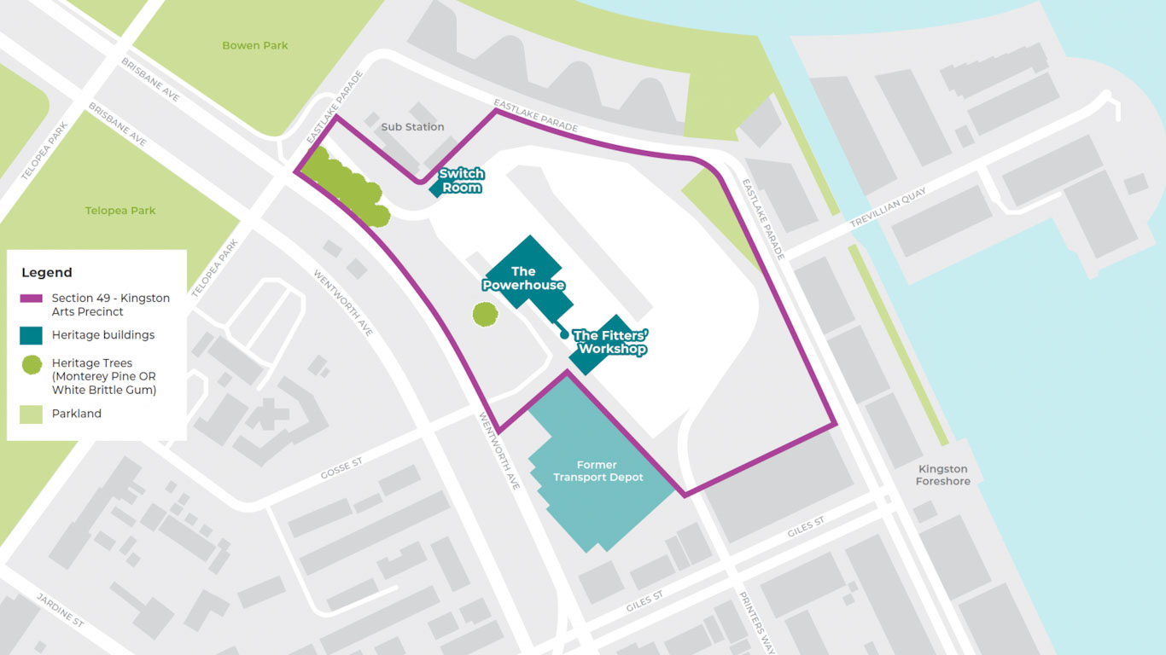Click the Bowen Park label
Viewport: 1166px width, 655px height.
tap(255, 45)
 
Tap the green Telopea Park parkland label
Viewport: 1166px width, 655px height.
tap(120, 211)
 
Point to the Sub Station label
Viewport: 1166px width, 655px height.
tap(412, 127)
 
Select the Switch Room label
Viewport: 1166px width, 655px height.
tap(461, 180)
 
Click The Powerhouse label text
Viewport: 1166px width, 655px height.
tap(523, 278)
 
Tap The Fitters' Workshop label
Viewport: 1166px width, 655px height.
tap(609, 342)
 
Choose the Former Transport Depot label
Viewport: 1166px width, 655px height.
tap(598, 471)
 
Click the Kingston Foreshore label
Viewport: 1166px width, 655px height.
tap(943, 475)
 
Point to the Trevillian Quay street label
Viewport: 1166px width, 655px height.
tap(888, 208)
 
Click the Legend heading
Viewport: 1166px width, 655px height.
tap(47, 273)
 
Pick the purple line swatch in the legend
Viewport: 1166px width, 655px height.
tap(31, 299)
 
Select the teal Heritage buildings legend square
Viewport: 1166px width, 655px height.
tap(31, 335)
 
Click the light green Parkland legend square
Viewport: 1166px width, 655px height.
tap(31, 414)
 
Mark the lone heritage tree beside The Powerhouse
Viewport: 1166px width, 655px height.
tap(485, 314)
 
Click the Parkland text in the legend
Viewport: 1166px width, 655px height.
tap(77, 414)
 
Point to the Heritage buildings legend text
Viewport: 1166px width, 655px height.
tap(103, 335)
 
